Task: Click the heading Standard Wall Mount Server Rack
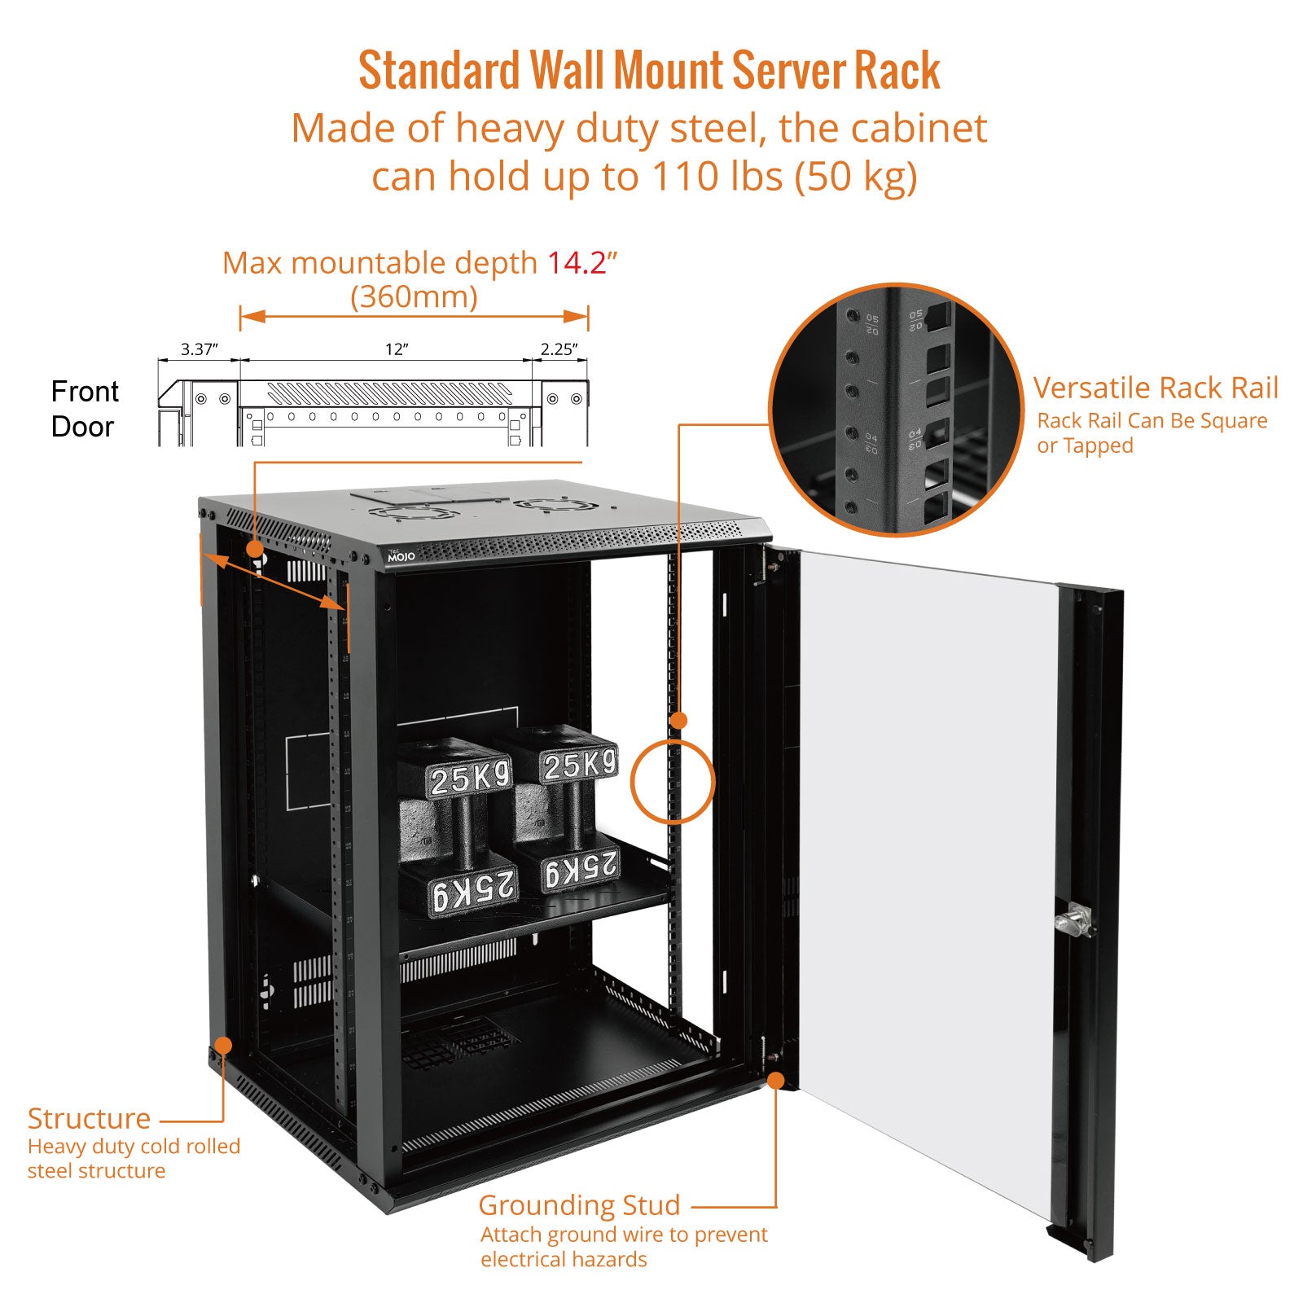pos(649,71)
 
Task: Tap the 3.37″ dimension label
pos(199,349)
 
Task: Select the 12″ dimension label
pos(397,349)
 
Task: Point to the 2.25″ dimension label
pos(559,349)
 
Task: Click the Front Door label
pos(84,409)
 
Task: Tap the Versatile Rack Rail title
pos(1156,388)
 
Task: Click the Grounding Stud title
pos(579,1204)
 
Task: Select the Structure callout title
pos(89,1118)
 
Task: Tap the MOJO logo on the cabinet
pos(401,556)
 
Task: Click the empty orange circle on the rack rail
pos(673,781)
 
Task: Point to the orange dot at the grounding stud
pos(776,1081)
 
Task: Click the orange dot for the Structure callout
pos(223,1046)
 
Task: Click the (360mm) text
pos(414,296)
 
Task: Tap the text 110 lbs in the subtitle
pos(717,176)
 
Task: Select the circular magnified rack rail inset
pos(896,410)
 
